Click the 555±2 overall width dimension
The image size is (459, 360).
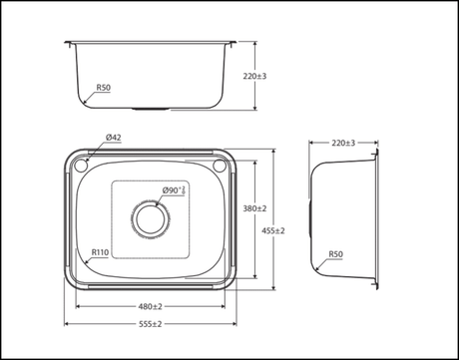(x=151, y=324)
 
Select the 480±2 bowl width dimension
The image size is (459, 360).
(x=151, y=306)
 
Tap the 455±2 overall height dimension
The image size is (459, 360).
(x=273, y=230)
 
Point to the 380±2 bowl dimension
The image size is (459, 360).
(x=254, y=208)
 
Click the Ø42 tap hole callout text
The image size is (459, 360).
(x=114, y=137)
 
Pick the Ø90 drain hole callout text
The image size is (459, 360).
(x=174, y=190)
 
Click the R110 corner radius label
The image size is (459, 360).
(x=100, y=252)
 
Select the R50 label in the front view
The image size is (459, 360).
(x=104, y=88)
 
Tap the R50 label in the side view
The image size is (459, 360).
(x=335, y=254)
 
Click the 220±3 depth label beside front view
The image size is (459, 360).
(x=254, y=76)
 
